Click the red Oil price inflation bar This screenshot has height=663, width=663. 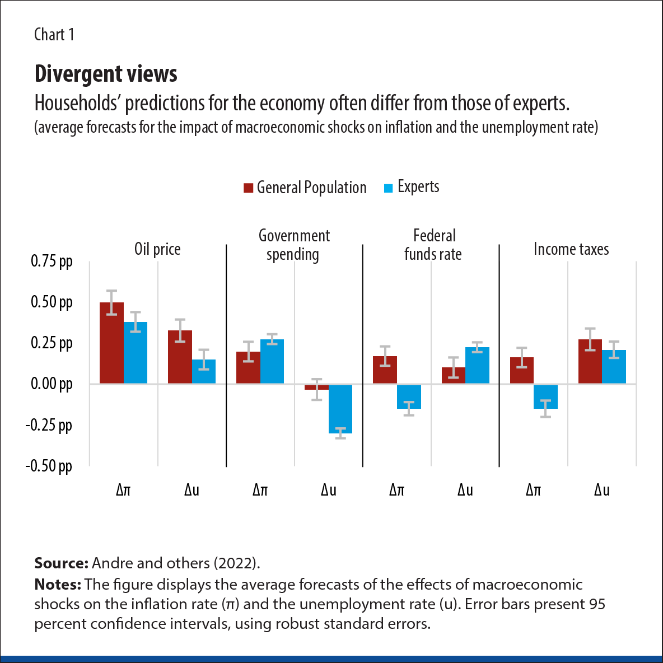111,343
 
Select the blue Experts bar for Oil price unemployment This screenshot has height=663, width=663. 204,371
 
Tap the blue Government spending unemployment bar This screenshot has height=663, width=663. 340,409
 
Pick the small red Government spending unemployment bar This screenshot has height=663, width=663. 316,387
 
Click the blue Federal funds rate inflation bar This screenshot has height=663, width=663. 409,396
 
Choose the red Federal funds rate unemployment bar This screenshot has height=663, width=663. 453,375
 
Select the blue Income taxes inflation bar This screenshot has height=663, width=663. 545,396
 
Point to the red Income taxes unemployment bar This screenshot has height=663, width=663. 590,361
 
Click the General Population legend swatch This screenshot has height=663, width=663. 248,188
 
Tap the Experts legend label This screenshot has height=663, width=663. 418,187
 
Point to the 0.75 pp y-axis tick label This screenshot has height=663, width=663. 52,262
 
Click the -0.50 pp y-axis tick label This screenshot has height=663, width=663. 49,466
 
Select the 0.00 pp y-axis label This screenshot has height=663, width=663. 52,384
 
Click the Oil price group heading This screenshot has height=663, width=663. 157,249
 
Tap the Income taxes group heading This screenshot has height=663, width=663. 571,249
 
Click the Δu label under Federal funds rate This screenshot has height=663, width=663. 465,491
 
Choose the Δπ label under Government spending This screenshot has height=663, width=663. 260,491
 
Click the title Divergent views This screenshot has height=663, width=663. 106,74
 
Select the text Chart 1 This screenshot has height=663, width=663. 54,35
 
